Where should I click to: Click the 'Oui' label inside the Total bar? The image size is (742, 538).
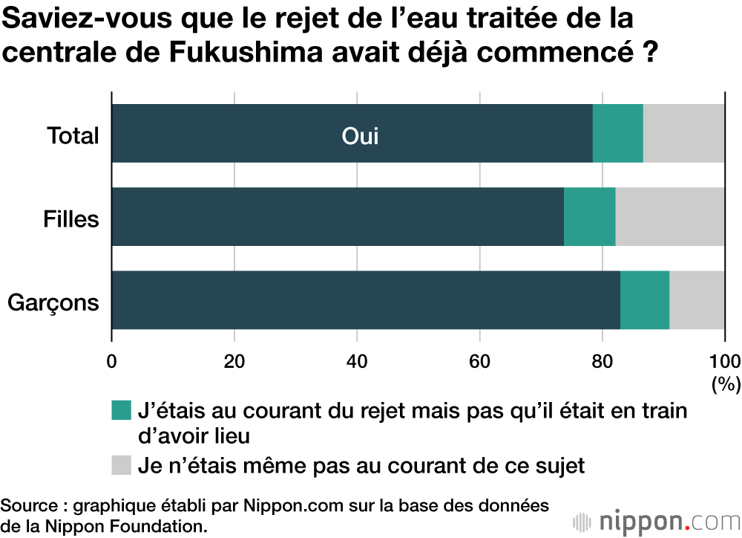tap(360, 137)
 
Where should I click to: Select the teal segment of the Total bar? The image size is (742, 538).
tap(617, 133)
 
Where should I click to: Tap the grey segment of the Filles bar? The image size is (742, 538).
tap(669, 216)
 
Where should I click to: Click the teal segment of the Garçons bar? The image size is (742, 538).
tap(644, 299)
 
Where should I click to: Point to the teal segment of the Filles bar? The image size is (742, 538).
tap(589, 216)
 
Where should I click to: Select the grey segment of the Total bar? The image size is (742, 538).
tap(683, 133)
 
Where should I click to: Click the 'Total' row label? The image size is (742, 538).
tap(73, 136)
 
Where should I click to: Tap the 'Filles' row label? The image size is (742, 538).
tap(71, 220)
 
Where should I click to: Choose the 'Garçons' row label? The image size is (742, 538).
tap(53, 303)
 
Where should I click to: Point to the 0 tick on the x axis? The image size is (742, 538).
tap(112, 362)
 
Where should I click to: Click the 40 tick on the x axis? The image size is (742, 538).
tap(357, 362)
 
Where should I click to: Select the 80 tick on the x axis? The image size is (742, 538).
tap(603, 362)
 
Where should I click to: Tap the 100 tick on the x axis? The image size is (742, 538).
tap(724, 362)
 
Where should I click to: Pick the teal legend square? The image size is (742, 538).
tap(121, 409)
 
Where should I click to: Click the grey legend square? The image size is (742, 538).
tap(121, 465)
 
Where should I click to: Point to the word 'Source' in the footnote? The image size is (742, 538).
tap(28, 506)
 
